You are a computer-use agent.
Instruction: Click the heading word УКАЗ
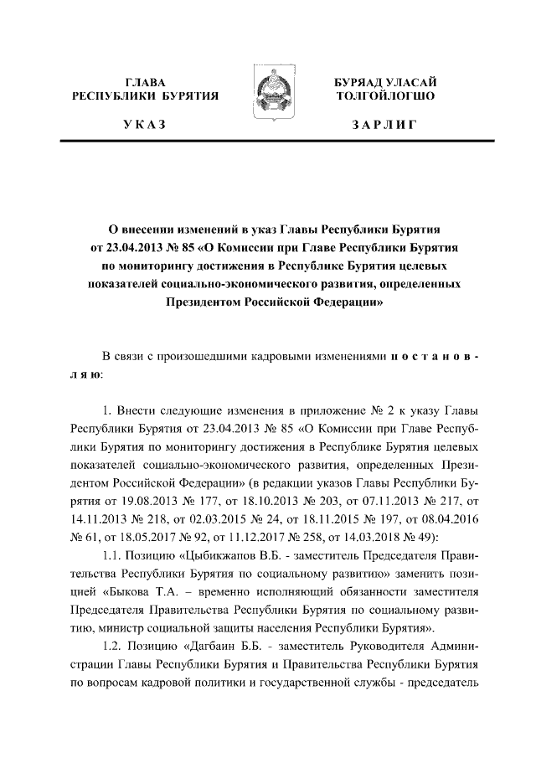145,126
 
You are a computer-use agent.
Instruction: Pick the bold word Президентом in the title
200,307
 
